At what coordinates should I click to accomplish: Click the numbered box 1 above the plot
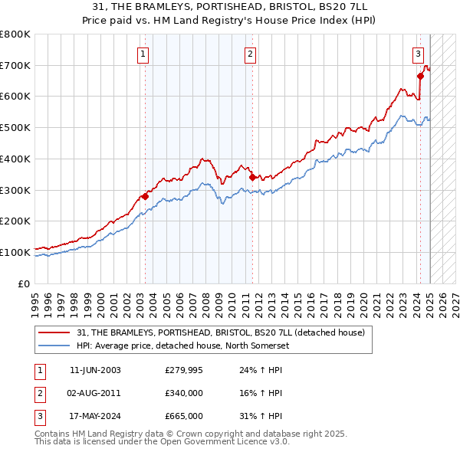[x=144, y=54]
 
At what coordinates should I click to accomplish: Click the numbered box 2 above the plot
[x=251, y=54]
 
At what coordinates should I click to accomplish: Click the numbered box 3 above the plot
[x=418, y=54]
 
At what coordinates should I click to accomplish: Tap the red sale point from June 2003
[x=145, y=196]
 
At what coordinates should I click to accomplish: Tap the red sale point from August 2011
[x=252, y=177]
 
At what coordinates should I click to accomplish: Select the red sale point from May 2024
[x=420, y=76]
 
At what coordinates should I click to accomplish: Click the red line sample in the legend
[x=55, y=332]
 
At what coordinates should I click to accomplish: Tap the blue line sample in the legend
[x=55, y=345]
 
